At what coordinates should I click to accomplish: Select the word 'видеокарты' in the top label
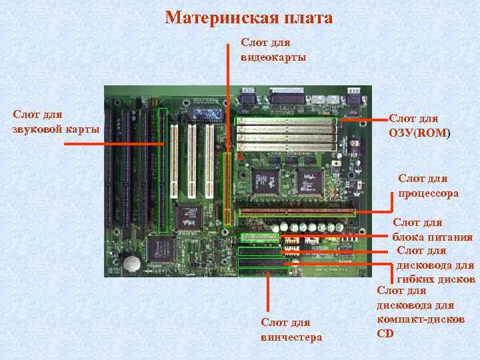pyautogui.click(x=273, y=57)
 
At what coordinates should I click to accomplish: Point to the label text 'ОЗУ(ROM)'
pyautogui.click(x=419, y=133)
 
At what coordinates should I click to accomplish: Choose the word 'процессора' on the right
pyautogui.click(x=428, y=193)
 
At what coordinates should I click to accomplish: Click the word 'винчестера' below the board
pyautogui.click(x=291, y=337)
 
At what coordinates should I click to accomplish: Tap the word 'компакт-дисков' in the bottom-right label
pyautogui.click(x=421, y=319)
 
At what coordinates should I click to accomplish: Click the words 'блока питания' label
pyautogui.click(x=432, y=237)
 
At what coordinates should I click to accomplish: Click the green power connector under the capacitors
pyautogui.click(x=259, y=237)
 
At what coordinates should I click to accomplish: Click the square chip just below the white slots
pyautogui.click(x=189, y=217)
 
